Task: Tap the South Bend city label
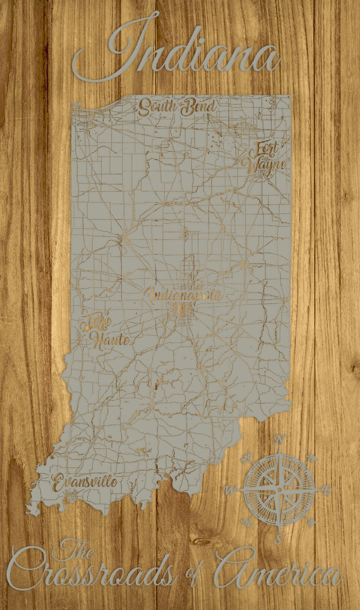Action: (177, 106)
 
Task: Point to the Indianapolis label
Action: (183, 295)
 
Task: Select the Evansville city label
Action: (85, 482)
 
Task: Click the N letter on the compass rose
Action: (280, 440)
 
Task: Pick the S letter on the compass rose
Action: (279, 539)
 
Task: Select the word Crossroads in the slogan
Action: (92, 574)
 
